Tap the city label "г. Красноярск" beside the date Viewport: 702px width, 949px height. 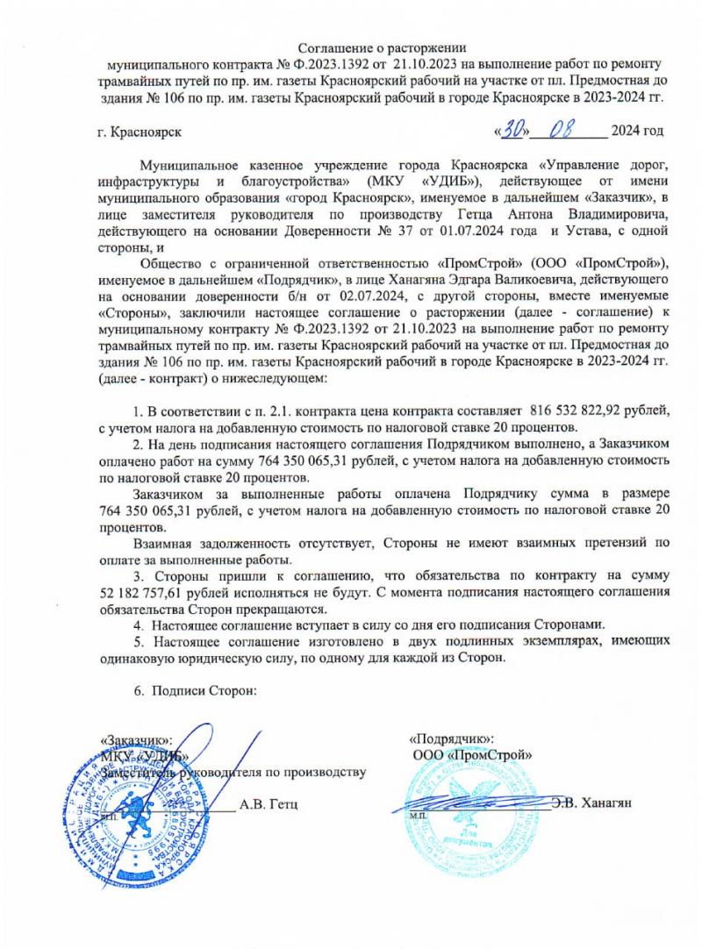coord(140,132)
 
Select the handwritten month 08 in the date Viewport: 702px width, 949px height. coord(566,131)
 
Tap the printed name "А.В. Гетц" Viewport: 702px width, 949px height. coord(269,804)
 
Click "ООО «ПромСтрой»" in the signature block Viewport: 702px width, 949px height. coord(472,753)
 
